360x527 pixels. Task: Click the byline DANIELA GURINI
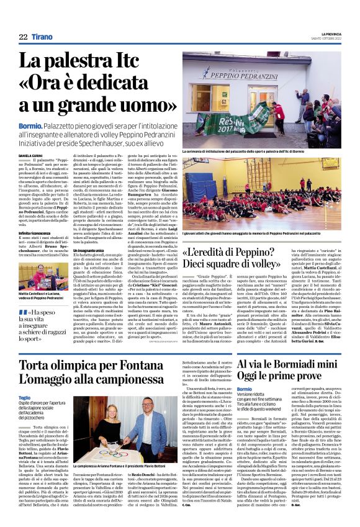coord(32,155)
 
